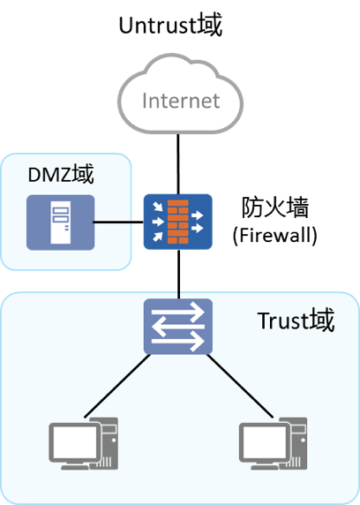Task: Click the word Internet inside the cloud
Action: point(180,100)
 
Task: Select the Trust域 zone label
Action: point(296,320)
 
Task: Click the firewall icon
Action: point(178,222)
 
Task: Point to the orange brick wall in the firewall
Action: point(178,222)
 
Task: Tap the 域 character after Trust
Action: point(322,320)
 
